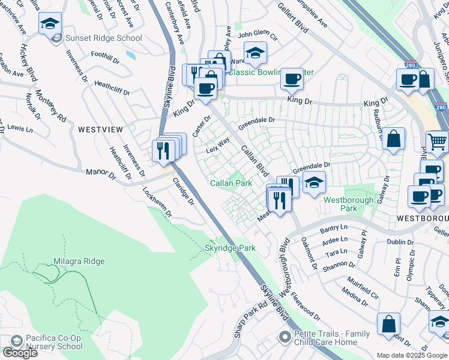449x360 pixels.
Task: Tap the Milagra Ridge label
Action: (79, 261)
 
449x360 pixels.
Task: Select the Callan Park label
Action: (231, 183)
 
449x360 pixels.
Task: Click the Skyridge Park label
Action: (231, 248)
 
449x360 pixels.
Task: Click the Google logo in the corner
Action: (19, 353)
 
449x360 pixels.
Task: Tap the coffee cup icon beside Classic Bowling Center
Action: (292, 78)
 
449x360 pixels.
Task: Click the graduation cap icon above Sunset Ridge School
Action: (49, 23)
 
